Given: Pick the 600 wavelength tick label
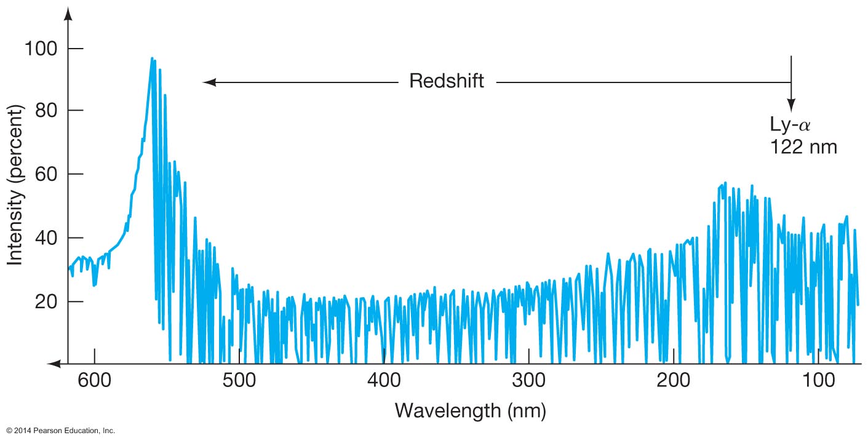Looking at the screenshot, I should coord(94,380).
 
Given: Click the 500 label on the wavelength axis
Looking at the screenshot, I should coord(239,380).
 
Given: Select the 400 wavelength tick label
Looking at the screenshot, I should coord(384,380).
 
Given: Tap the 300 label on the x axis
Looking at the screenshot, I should coord(528,380).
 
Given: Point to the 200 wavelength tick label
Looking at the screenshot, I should coord(674,380).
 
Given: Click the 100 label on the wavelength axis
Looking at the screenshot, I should coord(818,380).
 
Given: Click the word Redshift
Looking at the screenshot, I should coord(447,81).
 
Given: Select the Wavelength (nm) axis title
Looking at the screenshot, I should coord(471,410).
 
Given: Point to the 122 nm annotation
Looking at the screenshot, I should coord(803,147).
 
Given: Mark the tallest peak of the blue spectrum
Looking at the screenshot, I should coord(152,59).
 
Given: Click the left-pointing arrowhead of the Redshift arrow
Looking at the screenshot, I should coord(208,82).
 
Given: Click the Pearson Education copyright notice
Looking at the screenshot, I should coord(60,431).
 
